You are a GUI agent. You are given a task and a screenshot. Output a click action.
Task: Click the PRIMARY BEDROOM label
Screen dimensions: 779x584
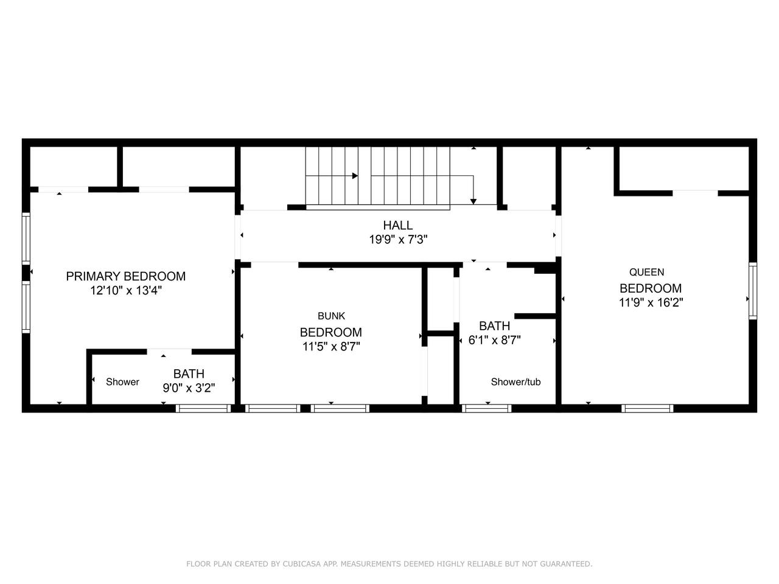(125, 276)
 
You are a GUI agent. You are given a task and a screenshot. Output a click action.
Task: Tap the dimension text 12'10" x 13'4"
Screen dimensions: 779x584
(126, 291)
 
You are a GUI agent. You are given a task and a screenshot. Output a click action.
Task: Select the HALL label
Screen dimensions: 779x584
(398, 225)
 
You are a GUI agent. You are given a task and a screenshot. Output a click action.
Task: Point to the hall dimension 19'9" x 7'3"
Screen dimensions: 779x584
(398, 240)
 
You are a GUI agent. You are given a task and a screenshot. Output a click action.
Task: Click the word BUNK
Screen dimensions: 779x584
(332, 316)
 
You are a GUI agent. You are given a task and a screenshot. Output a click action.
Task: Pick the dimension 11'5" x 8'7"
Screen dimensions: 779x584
(331, 346)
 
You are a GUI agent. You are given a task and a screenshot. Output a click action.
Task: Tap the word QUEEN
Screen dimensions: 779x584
(646, 273)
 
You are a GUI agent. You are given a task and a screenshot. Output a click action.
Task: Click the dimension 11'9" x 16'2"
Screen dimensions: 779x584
(651, 302)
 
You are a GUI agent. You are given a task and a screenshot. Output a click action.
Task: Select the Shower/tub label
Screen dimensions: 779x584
(515, 382)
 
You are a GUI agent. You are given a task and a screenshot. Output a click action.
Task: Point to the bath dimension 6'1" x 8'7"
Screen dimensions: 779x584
(494, 341)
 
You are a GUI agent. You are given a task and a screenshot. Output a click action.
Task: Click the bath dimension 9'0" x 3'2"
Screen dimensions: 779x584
(189, 388)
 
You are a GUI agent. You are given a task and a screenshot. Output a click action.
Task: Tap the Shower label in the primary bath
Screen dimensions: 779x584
(122, 382)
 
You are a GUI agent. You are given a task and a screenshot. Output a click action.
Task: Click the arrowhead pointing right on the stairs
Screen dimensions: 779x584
(355, 176)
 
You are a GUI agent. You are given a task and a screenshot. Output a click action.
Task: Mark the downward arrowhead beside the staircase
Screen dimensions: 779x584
(473, 201)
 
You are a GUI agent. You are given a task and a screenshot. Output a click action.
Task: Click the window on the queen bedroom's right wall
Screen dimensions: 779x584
(753, 291)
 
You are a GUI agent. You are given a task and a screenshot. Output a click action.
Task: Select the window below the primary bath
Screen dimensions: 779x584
(203, 408)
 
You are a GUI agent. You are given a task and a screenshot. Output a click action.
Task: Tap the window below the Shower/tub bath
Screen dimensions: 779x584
(486, 408)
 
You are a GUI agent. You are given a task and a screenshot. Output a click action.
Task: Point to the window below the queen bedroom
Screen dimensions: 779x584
(648, 408)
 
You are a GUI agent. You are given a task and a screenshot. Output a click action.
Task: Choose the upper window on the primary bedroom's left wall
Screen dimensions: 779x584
(26, 238)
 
